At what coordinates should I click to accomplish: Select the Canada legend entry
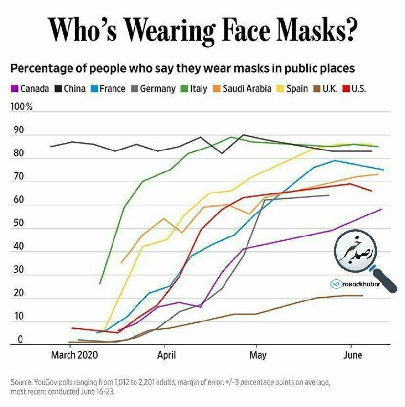tap(30, 89)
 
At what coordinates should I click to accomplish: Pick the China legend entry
tap(71, 89)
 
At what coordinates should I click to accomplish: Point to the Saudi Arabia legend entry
tap(242, 89)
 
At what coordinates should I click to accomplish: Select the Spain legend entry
tap(293, 89)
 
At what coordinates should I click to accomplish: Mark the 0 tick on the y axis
tap(20, 339)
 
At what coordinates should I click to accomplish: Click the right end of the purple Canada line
tap(381, 209)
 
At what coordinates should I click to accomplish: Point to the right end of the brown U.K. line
tap(362, 295)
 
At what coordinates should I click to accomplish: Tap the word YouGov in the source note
tap(47, 381)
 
